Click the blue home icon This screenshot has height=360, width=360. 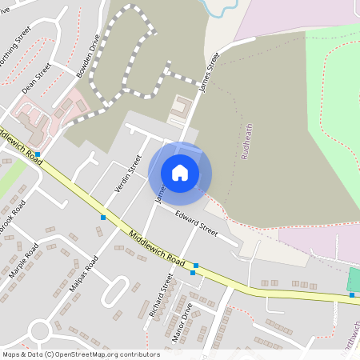tap(180, 173)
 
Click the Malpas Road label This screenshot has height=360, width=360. tap(86, 274)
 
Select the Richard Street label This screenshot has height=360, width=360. tap(161, 296)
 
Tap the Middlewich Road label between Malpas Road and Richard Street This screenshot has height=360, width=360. tap(157, 250)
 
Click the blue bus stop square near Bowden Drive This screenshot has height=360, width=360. tap(38, 150)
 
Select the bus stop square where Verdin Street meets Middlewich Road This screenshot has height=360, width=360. tap(103, 217)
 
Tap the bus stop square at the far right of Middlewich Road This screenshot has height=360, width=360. tap(352, 294)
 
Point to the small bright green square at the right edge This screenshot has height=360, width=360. tap(353, 279)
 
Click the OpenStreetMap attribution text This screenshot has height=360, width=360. tap(80, 354)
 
